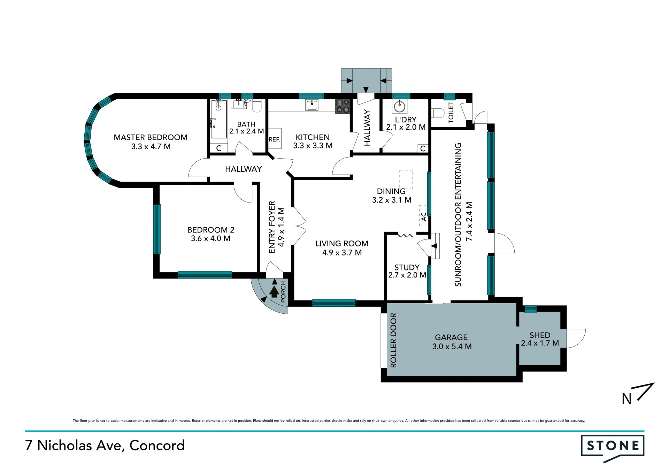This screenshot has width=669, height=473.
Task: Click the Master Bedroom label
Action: (x=151, y=137)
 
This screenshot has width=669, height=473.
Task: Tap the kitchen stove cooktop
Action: (x=343, y=106)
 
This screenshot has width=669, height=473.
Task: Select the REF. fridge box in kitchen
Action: (x=275, y=139)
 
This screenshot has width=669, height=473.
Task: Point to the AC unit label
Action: (x=424, y=216)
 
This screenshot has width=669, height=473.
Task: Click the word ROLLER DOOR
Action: (x=393, y=340)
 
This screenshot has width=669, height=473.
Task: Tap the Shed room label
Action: (x=540, y=335)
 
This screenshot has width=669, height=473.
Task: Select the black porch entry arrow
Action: (x=274, y=291)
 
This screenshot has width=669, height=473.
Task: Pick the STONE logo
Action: (x=613, y=448)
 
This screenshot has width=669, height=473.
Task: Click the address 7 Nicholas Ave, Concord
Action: (x=105, y=445)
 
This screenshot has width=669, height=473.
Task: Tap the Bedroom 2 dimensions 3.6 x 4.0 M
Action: (x=210, y=239)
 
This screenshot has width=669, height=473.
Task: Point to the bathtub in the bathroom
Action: (x=219, y=119)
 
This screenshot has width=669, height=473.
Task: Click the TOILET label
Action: (x=451, y=113)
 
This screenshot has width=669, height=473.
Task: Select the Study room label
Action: (x=407, y=267)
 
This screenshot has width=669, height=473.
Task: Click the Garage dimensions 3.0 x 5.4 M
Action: (x=452, y=346)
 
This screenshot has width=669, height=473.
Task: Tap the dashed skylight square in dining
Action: (x=406, y=180)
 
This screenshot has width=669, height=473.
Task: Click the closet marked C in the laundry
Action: (x=423, y=148)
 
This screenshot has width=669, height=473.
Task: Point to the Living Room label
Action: (x=342, y=244)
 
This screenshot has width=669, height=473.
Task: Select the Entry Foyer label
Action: (x=272, y=227)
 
